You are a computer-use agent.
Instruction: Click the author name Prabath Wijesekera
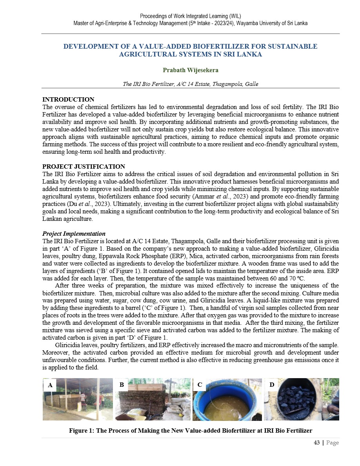coord(191,70)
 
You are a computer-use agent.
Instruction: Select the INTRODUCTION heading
coord(68,100)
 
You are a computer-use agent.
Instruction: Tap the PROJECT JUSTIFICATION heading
coord(84,167)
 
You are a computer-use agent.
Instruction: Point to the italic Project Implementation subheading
coord(74,234)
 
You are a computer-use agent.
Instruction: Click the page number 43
coord(317,443)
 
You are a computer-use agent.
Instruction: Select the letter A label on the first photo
coord(50,385)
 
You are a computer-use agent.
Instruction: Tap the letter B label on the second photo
coord(122,385)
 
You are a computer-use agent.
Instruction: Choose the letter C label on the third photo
coord(200,385)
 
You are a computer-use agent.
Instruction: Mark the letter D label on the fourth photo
coord(272,385)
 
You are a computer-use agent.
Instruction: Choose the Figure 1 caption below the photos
coord(191,431)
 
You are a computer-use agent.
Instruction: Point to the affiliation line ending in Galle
coord(191,84)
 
